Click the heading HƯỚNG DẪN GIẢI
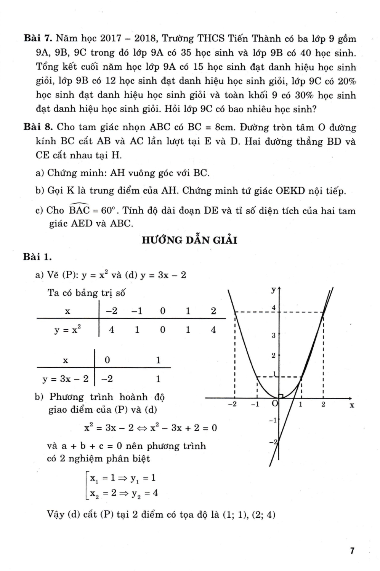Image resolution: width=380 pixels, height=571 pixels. click(189, 240)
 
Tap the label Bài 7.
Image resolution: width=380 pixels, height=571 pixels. click(37, 38)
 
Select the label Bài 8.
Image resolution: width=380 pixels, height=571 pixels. click(37, 127)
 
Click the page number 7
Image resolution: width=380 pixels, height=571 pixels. click(352, 550)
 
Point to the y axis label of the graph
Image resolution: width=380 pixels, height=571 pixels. click(273, 290)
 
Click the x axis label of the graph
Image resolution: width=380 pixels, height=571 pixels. click(352, 405)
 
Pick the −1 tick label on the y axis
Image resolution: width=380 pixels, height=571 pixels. click(272, 420)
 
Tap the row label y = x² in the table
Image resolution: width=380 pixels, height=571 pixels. click(67, 330)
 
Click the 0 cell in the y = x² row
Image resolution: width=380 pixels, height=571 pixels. click(163, 330)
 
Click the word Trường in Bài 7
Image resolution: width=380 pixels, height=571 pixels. click(178, 38)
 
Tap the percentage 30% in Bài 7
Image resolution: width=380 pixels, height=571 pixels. click(305, 95)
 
